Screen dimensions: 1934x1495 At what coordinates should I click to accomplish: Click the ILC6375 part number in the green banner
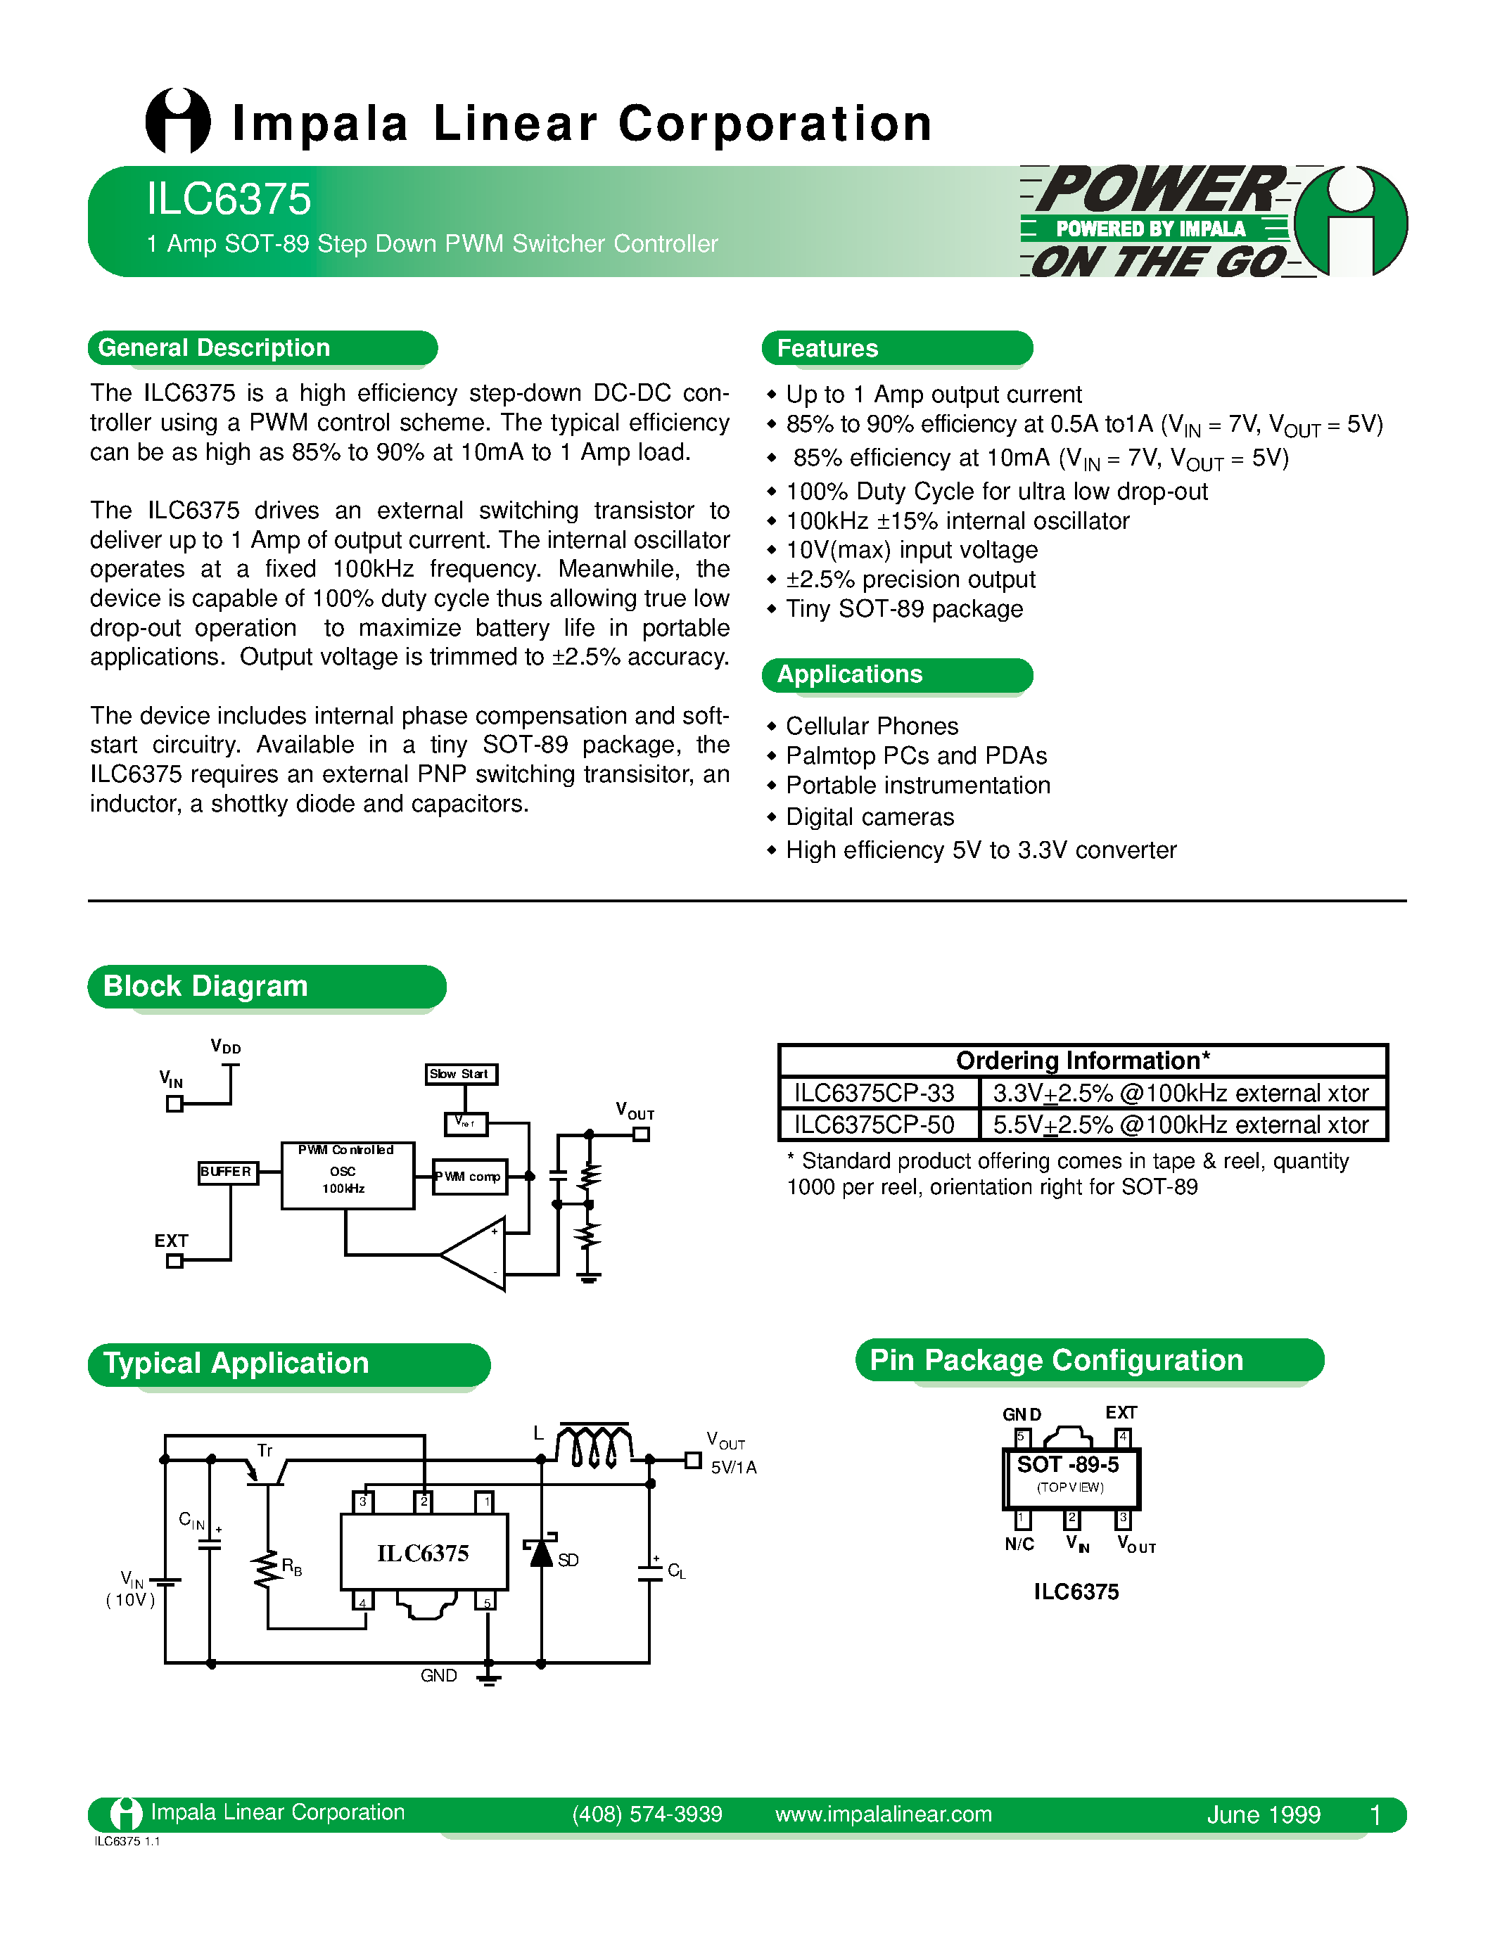[x=229, y=199]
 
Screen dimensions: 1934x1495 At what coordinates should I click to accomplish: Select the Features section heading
[x=827, y=349]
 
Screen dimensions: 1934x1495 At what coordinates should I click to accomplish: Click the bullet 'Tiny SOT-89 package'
[x=903, y=609]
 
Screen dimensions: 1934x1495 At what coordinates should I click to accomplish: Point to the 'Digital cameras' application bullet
[x=870, y=817]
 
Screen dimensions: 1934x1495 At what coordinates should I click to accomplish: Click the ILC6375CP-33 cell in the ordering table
[x=874, y=1093]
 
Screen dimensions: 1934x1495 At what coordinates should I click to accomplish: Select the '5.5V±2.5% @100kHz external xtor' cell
[x=1181, y=1125]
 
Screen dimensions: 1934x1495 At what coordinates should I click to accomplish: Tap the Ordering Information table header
[x=1082, y=1061]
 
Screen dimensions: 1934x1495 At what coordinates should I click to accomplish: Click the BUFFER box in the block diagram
[x=227, y=1172]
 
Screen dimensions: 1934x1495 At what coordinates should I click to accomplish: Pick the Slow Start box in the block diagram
[x=461, y=1074]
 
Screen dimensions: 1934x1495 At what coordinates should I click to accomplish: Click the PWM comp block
[x=470, y=1177]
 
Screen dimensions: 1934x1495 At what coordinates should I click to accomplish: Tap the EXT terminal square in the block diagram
[x=174, y=1261]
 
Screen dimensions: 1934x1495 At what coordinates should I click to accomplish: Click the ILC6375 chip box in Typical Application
[x=424, y=1552]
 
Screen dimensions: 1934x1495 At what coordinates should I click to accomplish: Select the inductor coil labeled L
[x=593, y=1445]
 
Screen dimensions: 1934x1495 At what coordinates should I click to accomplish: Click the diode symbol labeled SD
[x=541, y=1554]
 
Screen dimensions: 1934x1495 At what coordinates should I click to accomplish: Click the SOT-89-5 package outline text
[x=1068, y=1466]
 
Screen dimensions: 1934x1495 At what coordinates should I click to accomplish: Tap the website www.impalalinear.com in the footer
[x=883, y=1814]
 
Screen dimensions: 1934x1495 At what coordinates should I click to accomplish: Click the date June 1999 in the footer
[x=1263, y=1815]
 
